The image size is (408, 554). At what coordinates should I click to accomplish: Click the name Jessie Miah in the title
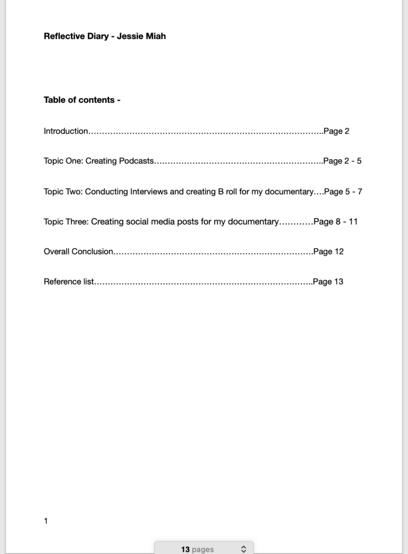pos(142,36)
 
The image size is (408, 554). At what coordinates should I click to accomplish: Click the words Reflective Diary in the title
pos(76,36)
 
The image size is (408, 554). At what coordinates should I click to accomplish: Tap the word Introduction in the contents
pos(65,131)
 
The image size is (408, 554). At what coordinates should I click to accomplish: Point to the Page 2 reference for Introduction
pos(336,131)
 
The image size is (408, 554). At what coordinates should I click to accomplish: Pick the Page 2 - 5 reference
pos(342,161)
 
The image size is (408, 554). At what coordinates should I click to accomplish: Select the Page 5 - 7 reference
pos(343,192)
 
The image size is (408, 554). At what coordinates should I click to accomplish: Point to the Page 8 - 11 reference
pos(336,221)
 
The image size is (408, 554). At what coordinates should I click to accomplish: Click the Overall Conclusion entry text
pos(78,252)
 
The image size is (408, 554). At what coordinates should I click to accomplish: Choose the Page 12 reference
pos(329,252)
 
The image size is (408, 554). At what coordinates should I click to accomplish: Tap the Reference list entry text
pos(69,281)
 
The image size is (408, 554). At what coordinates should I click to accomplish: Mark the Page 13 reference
pos(328,281)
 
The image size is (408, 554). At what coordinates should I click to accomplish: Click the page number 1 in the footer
pos(46,521)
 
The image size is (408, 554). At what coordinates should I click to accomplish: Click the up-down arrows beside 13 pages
pos(244,549)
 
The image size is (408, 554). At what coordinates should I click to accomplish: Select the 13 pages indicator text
pos(197,549)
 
